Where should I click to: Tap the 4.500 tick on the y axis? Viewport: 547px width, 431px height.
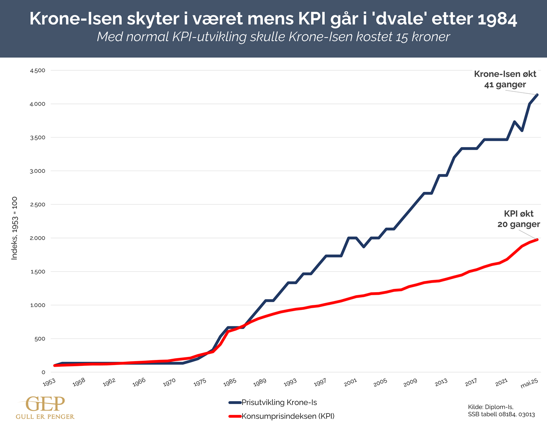click(x=37, y=70)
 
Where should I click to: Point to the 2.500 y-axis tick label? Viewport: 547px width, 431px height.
click(x=37, y=205)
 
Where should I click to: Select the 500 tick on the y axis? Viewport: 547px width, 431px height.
click(x=40, y=339)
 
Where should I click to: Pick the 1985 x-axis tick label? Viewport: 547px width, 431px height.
click(x=230, y=382)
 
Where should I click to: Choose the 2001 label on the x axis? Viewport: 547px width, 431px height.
click(x=350, y=382)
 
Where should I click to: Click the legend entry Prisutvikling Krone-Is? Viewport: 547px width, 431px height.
click(x=279, y=402)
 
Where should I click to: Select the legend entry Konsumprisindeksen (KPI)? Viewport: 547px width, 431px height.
click(x=288, y=416)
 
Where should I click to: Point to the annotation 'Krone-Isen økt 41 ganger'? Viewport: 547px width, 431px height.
click(x=505, y=79)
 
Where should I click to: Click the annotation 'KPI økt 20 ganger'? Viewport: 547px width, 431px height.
click(x=518, y=219)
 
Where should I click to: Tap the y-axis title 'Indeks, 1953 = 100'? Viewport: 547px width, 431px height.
click(x=14, y=228)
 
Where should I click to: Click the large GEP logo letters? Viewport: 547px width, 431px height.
click(x=45, y=404)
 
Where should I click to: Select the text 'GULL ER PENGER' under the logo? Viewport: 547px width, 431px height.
click(x=45, y=417)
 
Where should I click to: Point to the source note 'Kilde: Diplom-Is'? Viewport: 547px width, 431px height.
click(x=490, y=407)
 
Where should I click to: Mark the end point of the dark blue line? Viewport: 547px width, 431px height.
click(x=537, y=95)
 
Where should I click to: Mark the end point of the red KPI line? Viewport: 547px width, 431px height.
click(x=537, y=240)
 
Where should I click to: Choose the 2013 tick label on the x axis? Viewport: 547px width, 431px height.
click(x=441, y=382)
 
